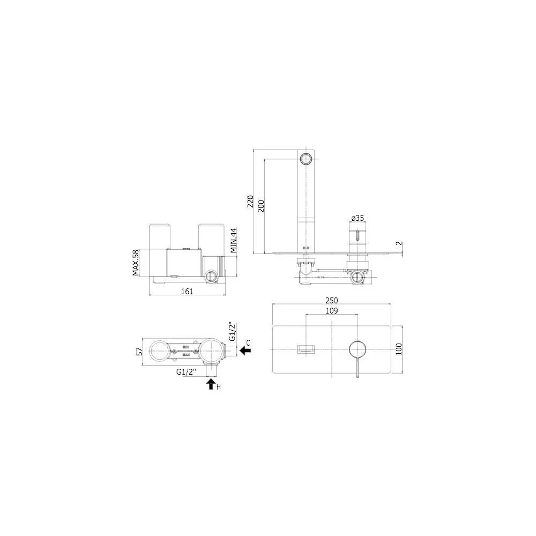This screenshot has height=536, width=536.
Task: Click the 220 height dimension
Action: pyautogui.click(x=250, y=201)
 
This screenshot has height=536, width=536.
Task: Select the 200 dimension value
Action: pyautogui.click(x=261, y=206)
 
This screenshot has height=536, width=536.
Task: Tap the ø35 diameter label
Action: pyautogui.click(x=358, y=218)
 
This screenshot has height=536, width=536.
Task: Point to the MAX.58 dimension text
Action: pyautogui.click(x=136, y=263)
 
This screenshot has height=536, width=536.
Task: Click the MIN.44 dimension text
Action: pyautogui.click(x=234, y=240)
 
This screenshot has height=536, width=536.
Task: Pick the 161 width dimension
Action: pyautogui.click(x=187, y=291)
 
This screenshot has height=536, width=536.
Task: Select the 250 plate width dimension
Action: pyautogui.click(x=332, y=300)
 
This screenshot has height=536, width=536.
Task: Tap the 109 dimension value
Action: pyautogui.click(x=332, y=310)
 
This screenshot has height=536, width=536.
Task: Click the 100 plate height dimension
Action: pyautogui.click(x=399, y=349)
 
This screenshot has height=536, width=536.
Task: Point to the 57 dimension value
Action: pyautogui.click(x=139, y=352)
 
